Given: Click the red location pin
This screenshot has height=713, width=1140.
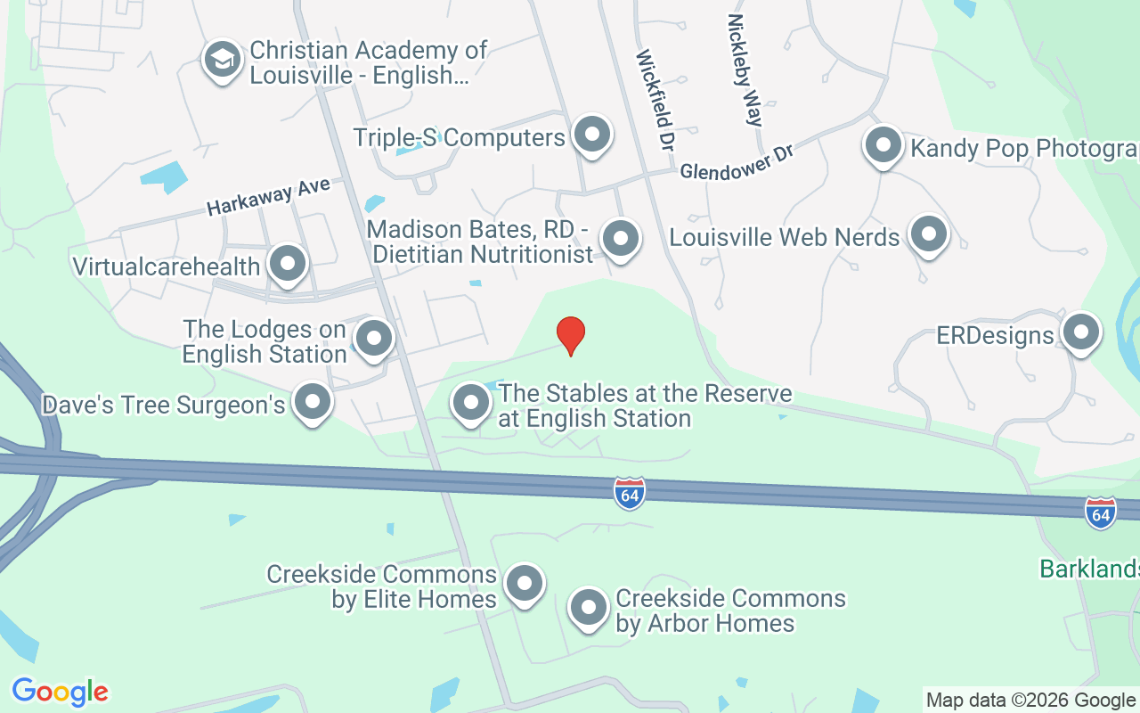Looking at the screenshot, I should (x=571, y=334).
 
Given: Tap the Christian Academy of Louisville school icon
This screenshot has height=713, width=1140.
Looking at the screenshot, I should (x=220, y=60).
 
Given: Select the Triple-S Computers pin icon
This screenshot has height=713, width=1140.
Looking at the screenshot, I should (x=590, y=135).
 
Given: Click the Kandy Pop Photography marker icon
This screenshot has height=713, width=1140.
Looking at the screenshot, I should (x=883, y=144).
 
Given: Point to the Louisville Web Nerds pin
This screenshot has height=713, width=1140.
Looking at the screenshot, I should (x=929, y=235).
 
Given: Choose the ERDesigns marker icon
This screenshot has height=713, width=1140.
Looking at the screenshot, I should (x=1081, y=332).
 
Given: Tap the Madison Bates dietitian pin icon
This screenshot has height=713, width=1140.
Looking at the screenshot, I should (x=620, y=239).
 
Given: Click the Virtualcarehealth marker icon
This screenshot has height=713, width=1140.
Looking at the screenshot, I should (x=288, y=264).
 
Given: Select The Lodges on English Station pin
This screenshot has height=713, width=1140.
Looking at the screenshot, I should (x=374, y=339).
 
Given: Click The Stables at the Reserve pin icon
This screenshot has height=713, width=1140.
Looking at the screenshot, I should (x=471, y=403).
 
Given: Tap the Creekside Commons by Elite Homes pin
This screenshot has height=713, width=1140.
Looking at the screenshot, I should (x=524, y=584).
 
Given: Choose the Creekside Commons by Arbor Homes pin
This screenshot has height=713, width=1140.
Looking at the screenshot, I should (x=588, y=609).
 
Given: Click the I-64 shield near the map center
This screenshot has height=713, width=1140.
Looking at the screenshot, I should (x=630, y=493).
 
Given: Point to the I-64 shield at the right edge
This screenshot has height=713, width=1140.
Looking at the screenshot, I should (x=1101, y=513).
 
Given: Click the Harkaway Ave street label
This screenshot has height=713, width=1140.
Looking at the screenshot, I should (x=268, y=195).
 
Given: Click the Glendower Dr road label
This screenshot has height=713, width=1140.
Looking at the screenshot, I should (x=736, y=162).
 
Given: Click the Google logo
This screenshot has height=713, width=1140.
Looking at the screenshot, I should (x=60, y=691).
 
